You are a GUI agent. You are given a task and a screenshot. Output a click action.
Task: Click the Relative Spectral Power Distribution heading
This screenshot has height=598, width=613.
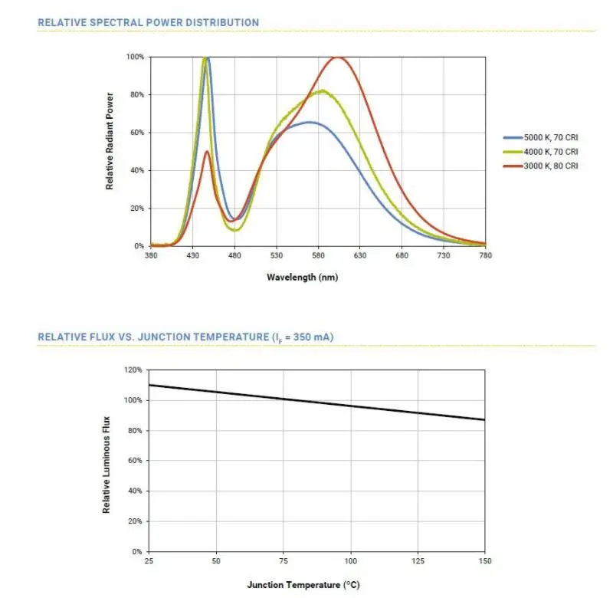point(148,23)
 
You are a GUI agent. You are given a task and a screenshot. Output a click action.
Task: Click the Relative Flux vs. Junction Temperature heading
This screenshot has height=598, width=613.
point(185,337)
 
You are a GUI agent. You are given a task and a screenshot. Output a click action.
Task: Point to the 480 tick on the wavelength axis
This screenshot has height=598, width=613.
point(234,257)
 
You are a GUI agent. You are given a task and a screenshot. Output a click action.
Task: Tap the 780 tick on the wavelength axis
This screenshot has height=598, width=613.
point(485,257)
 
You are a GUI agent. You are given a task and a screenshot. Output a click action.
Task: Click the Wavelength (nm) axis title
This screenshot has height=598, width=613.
point(302,277)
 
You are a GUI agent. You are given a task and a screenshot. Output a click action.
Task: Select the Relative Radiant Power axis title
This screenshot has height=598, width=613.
point(110,142)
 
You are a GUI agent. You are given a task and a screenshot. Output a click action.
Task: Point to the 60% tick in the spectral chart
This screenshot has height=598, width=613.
point(135,133)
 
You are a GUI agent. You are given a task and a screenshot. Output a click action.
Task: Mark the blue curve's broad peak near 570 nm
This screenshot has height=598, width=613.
point(310,122)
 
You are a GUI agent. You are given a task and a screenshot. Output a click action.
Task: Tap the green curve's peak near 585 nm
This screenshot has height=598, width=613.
point(323,91)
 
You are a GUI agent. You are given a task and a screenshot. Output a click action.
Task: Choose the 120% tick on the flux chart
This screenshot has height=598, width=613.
point(133,370)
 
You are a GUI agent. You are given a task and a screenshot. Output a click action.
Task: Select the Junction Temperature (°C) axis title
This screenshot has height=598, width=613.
point(303,585)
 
